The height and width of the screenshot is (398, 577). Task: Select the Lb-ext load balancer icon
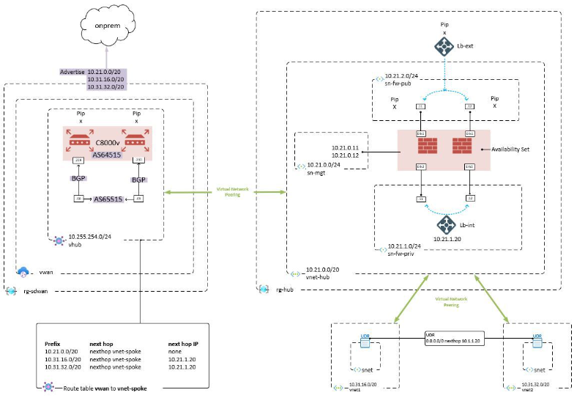coord(444,46)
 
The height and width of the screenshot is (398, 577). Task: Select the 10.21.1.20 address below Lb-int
coord(446,239)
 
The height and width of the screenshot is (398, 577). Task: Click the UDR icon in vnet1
coord(365,339)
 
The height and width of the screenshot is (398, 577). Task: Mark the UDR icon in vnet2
coord(537,339)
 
